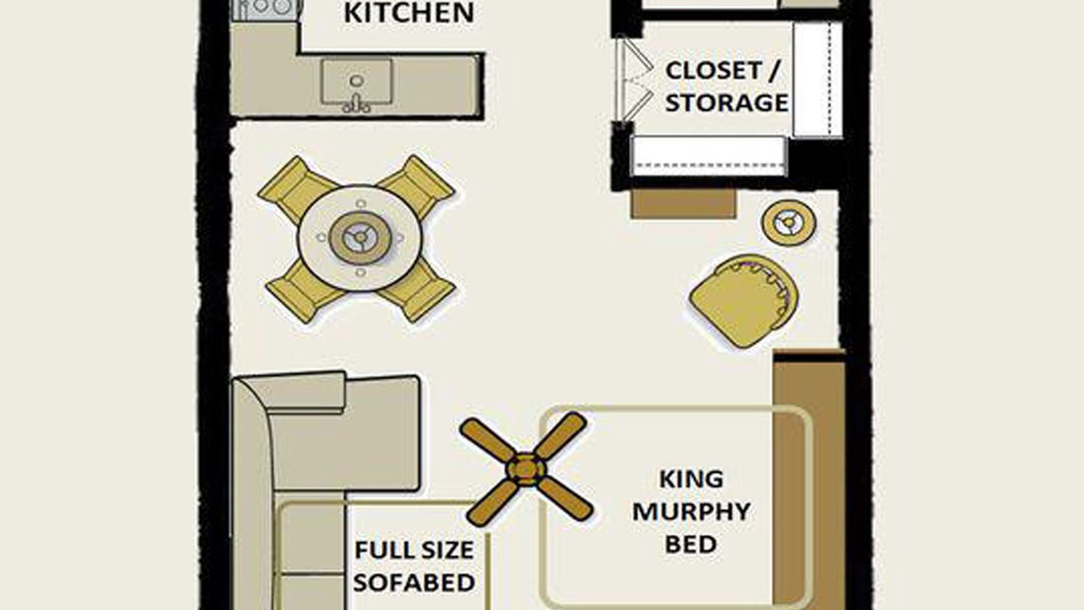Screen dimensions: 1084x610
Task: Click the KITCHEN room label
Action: (x=408, y=13)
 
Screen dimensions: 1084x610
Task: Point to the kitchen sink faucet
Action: (x=357, y=104)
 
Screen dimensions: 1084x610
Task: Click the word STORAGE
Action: (x=727, y=103)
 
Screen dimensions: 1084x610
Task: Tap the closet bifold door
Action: (x=634, y=80)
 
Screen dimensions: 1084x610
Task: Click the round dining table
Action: (x=360, y=238)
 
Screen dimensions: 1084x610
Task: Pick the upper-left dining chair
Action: (x=296, y=189)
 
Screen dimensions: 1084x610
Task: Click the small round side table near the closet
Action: (x=788, y=223)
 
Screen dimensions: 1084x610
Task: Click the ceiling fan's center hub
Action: (x=526, y=469)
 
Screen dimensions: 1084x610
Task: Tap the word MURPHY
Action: (x=692, y=512)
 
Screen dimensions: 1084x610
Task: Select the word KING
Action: (x=692, y=480)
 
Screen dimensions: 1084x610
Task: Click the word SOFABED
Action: (x=414, y=582)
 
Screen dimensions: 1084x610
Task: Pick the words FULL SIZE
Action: (x=414, y=551)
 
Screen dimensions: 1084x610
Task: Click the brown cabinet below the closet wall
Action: (x=683, y=204)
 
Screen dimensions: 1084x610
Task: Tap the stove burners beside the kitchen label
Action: (x=266, y=8)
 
